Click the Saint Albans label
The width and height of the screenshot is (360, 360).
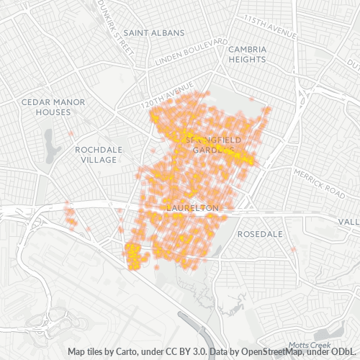[x=153, y=32]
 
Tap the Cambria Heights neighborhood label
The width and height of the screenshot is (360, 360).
[x=248, y=54]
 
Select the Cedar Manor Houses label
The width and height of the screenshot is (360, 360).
[x=53, y=107]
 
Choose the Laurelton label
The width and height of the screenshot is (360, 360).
[x=192, y=208]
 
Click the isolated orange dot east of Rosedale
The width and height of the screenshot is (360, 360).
[x=293, y=250]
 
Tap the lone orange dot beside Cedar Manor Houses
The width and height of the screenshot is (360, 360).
[x=71, y=134]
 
